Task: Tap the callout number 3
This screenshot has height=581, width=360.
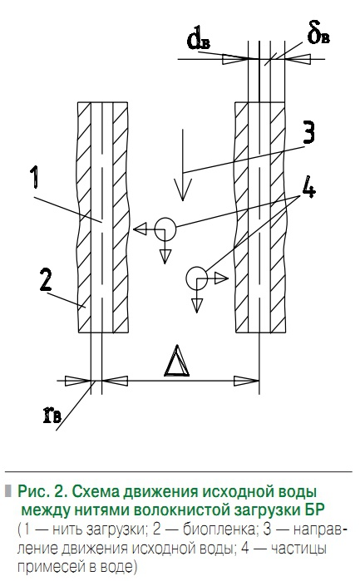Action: coord(308,132)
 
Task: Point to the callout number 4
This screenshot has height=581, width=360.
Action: coord(308,190)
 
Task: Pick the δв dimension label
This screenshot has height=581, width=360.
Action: coord(318,34)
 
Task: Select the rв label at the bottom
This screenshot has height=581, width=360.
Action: coord(52,415)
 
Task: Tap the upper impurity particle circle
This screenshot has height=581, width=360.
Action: coord(165,229)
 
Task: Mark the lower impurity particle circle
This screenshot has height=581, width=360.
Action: coord(197,278)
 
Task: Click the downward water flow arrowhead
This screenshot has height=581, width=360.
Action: coord(182,189)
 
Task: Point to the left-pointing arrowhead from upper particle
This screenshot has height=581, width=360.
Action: coord(140,229)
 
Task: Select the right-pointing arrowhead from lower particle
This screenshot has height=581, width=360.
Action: coord(221,278)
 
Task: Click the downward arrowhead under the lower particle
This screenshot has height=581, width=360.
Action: coord(197,306)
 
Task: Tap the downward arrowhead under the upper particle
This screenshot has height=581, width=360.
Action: coord(165,256)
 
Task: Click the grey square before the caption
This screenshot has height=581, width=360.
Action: coord(7,490)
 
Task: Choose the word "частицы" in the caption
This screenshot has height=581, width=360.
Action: coord(298,549)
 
